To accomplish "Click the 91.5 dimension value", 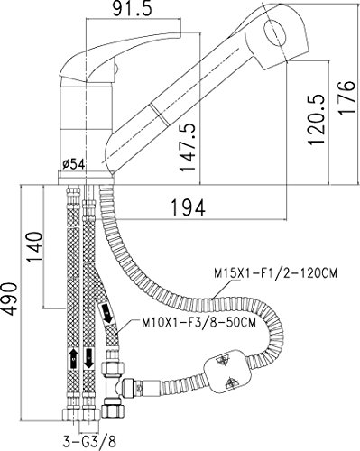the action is click(x=133, y=9).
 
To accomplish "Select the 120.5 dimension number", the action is click(x=318, y=119).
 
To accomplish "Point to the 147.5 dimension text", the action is click(x=188, y=147).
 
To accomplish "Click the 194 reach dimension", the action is click(x=188, y=207).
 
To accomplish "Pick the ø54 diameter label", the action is click(x=74, y=164).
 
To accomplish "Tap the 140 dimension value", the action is click(x=35, y=247).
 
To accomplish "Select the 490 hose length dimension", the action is click(x=12, y=299).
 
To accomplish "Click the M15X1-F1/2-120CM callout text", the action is click(x=275, y=273).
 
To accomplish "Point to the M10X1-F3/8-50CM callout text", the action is click(x=199, y=323).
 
